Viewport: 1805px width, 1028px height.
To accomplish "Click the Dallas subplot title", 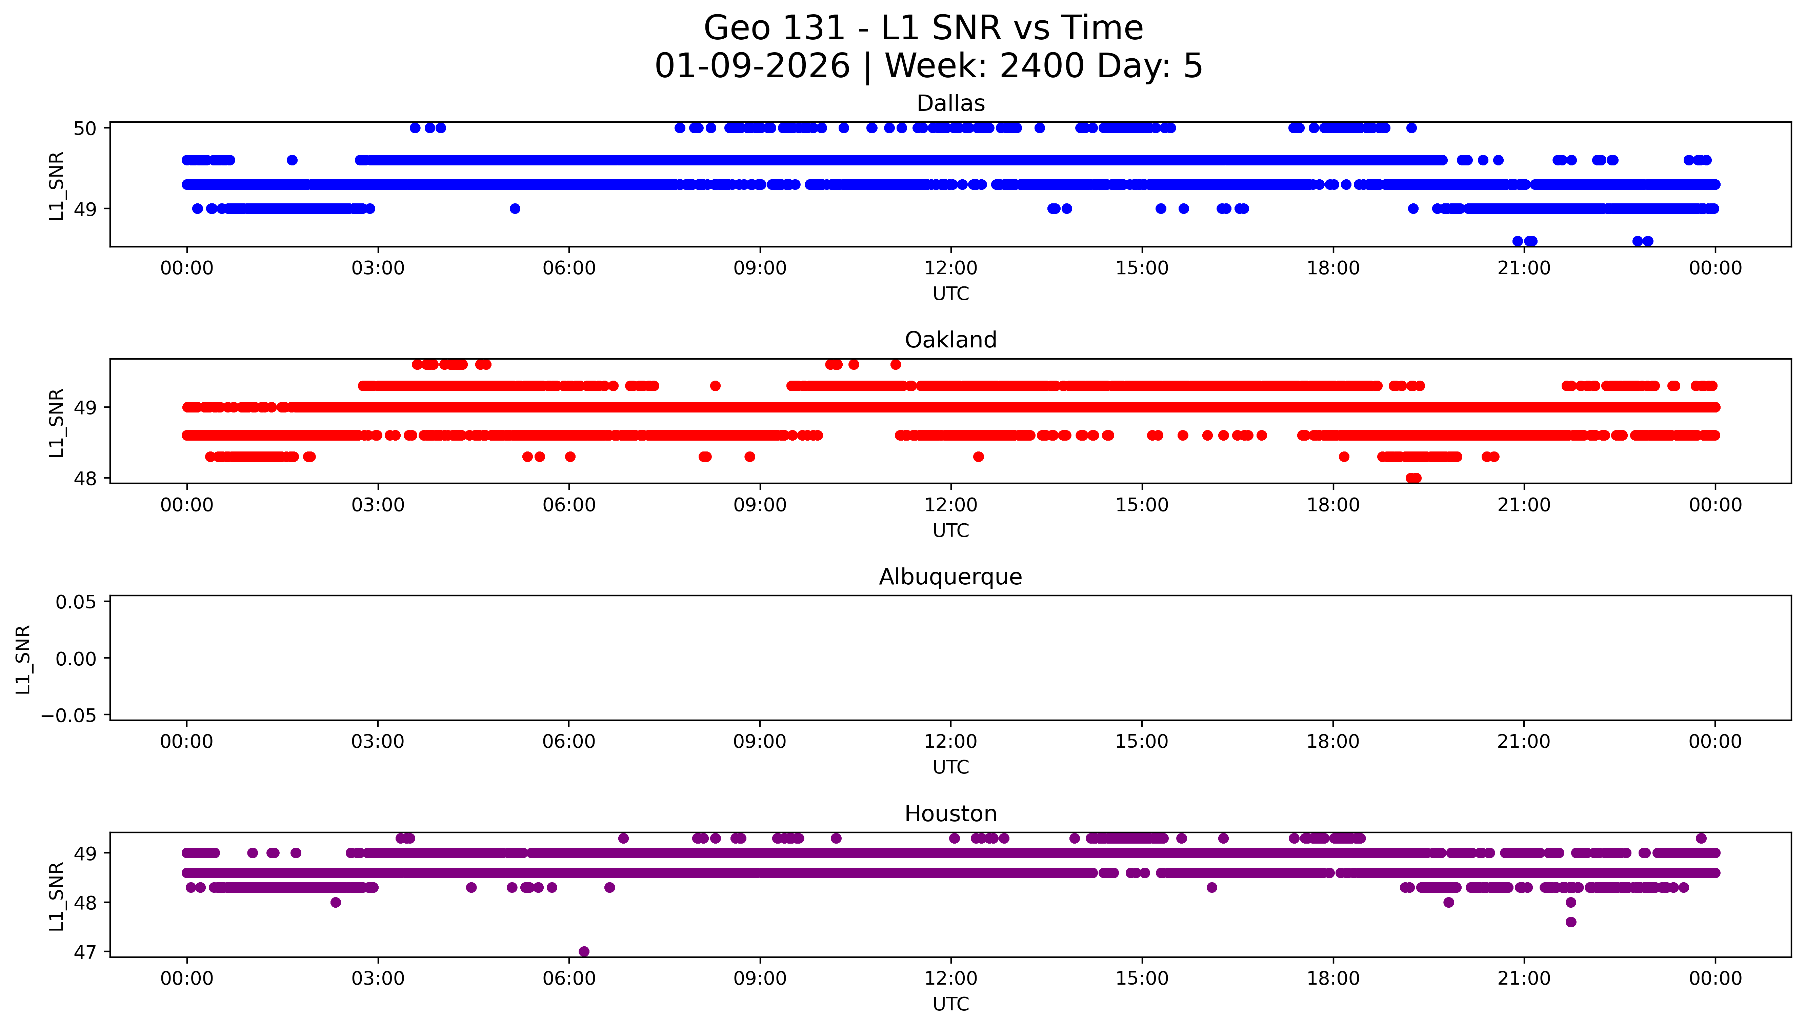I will click(950, 104).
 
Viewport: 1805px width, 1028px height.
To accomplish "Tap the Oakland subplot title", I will click(950, 340).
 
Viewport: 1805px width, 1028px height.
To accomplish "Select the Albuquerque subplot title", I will click(950, 578).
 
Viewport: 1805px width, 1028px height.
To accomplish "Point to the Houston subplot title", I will click(950, 814).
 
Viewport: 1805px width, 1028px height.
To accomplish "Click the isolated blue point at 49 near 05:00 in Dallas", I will click(515, 208).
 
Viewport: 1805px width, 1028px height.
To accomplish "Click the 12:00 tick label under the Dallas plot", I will click(950, 268).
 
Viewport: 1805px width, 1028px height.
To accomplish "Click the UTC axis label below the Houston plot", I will click(950, 1004).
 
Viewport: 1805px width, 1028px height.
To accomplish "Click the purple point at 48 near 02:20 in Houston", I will click(335, 902).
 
